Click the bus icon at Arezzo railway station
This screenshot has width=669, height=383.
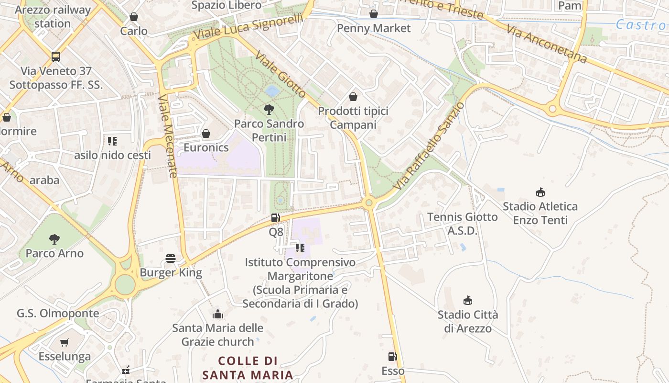click(56, 57)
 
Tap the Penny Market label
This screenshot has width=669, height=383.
click(374, 28)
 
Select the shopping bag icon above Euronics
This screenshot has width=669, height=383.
click(206, 134)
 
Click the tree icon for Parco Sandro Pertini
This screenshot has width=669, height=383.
click(269, 110)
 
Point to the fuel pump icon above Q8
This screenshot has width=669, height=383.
click(276, 218)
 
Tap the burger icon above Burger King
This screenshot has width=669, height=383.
click(171, 259)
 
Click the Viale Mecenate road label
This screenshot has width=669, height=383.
click(167, 136)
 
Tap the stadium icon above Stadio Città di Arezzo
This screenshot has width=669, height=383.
click(468, 301)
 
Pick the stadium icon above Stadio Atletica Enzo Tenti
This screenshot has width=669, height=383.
click(540, 192)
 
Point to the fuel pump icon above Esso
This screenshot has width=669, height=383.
click(392, 357)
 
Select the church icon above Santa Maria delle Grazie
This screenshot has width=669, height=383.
click(218, 314)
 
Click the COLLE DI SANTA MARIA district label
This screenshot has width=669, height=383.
click(248, 368)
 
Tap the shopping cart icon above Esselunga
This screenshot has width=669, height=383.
click(65, 342)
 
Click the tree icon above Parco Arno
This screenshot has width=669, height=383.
click(54, 239)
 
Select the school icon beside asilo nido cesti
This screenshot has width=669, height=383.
click(112, 141)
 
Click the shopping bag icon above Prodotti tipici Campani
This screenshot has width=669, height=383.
click(353, 97)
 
